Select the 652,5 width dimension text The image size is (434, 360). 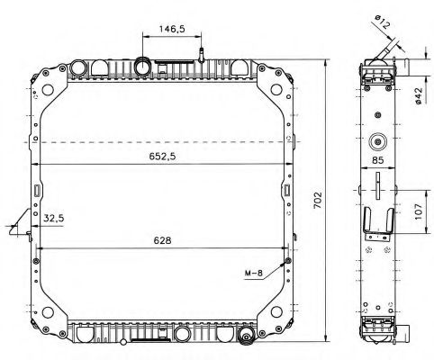(x=162, y=155)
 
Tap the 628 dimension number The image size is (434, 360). (x=161, y=240)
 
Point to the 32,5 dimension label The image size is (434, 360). (x=53, y=217)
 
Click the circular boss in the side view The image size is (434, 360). (x=377, y=141)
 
